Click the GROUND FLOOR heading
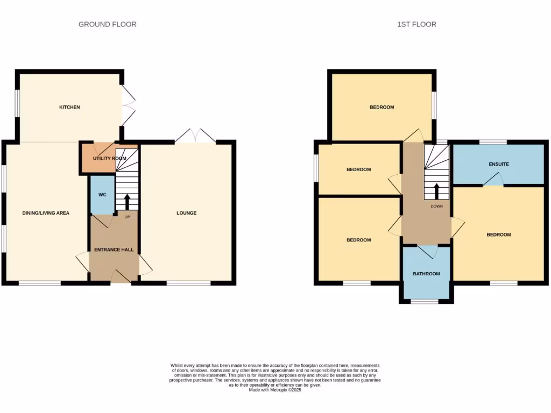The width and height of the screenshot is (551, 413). pyautogui.click(x=107, y=24)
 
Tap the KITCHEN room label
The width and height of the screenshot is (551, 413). pyautogui.click(x=69, y=107)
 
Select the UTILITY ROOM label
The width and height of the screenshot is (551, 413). pyautogui.click(x=109, y=159)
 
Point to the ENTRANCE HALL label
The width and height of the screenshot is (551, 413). pyautogui.click(x=114, y=250)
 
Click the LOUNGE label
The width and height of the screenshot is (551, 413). pyautogui.click(x=187, y=213)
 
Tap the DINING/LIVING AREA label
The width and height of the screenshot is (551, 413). pyautogui.click(x=46, y=213)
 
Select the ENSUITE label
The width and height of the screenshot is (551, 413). pyautogui.click(x=499, y=164)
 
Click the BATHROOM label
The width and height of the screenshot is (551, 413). pyautogui.click(x=426, y=274)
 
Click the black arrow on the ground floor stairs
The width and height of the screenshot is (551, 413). pyautogui.click(x=128, y=202)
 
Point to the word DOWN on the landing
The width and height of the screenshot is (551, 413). pyautogui.click(x=436, y=206)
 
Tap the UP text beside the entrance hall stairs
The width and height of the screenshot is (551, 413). pyautogui.click(x=128, y=217)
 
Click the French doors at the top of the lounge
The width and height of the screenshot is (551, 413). pyautogui.click(x=195, y=137)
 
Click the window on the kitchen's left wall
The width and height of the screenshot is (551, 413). pyautogui.click(x=17, y=102)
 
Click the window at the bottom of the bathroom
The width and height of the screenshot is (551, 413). pyautogui.click(x=425, y=302)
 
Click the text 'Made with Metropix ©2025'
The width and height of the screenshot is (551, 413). pyautogui.click(x=275, y=390)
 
